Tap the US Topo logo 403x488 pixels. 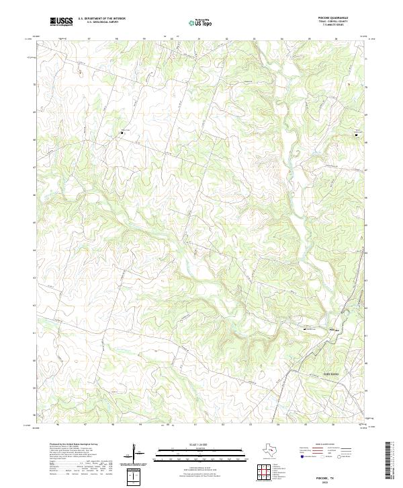coord(201,22)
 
